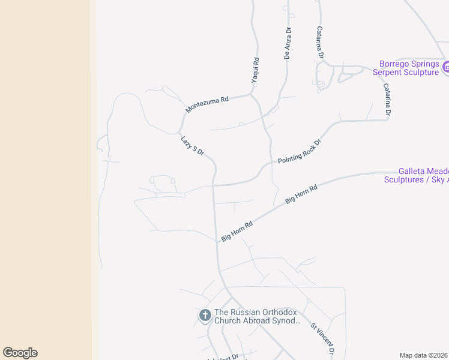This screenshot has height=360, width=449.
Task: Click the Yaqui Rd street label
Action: [x=256, y=70]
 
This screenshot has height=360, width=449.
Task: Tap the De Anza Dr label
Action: [x=288, y=43]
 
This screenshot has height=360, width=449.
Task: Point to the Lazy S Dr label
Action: [x=193, y=146]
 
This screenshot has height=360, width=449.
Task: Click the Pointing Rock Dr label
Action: [x=300, y=152]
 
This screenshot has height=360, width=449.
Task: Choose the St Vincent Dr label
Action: [x=322, y=339]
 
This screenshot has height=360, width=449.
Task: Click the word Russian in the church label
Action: [x=246, y=313]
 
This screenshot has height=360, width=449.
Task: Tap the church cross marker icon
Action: [x=205, y=315]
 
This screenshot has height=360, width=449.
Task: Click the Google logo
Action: [x=20, y=353]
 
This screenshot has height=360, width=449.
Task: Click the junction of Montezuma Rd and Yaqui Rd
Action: [x=250, y=94]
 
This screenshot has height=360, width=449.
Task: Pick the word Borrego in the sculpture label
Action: [x=396, y=64]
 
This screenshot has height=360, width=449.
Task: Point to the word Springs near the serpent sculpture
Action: [x=427, y=64]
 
